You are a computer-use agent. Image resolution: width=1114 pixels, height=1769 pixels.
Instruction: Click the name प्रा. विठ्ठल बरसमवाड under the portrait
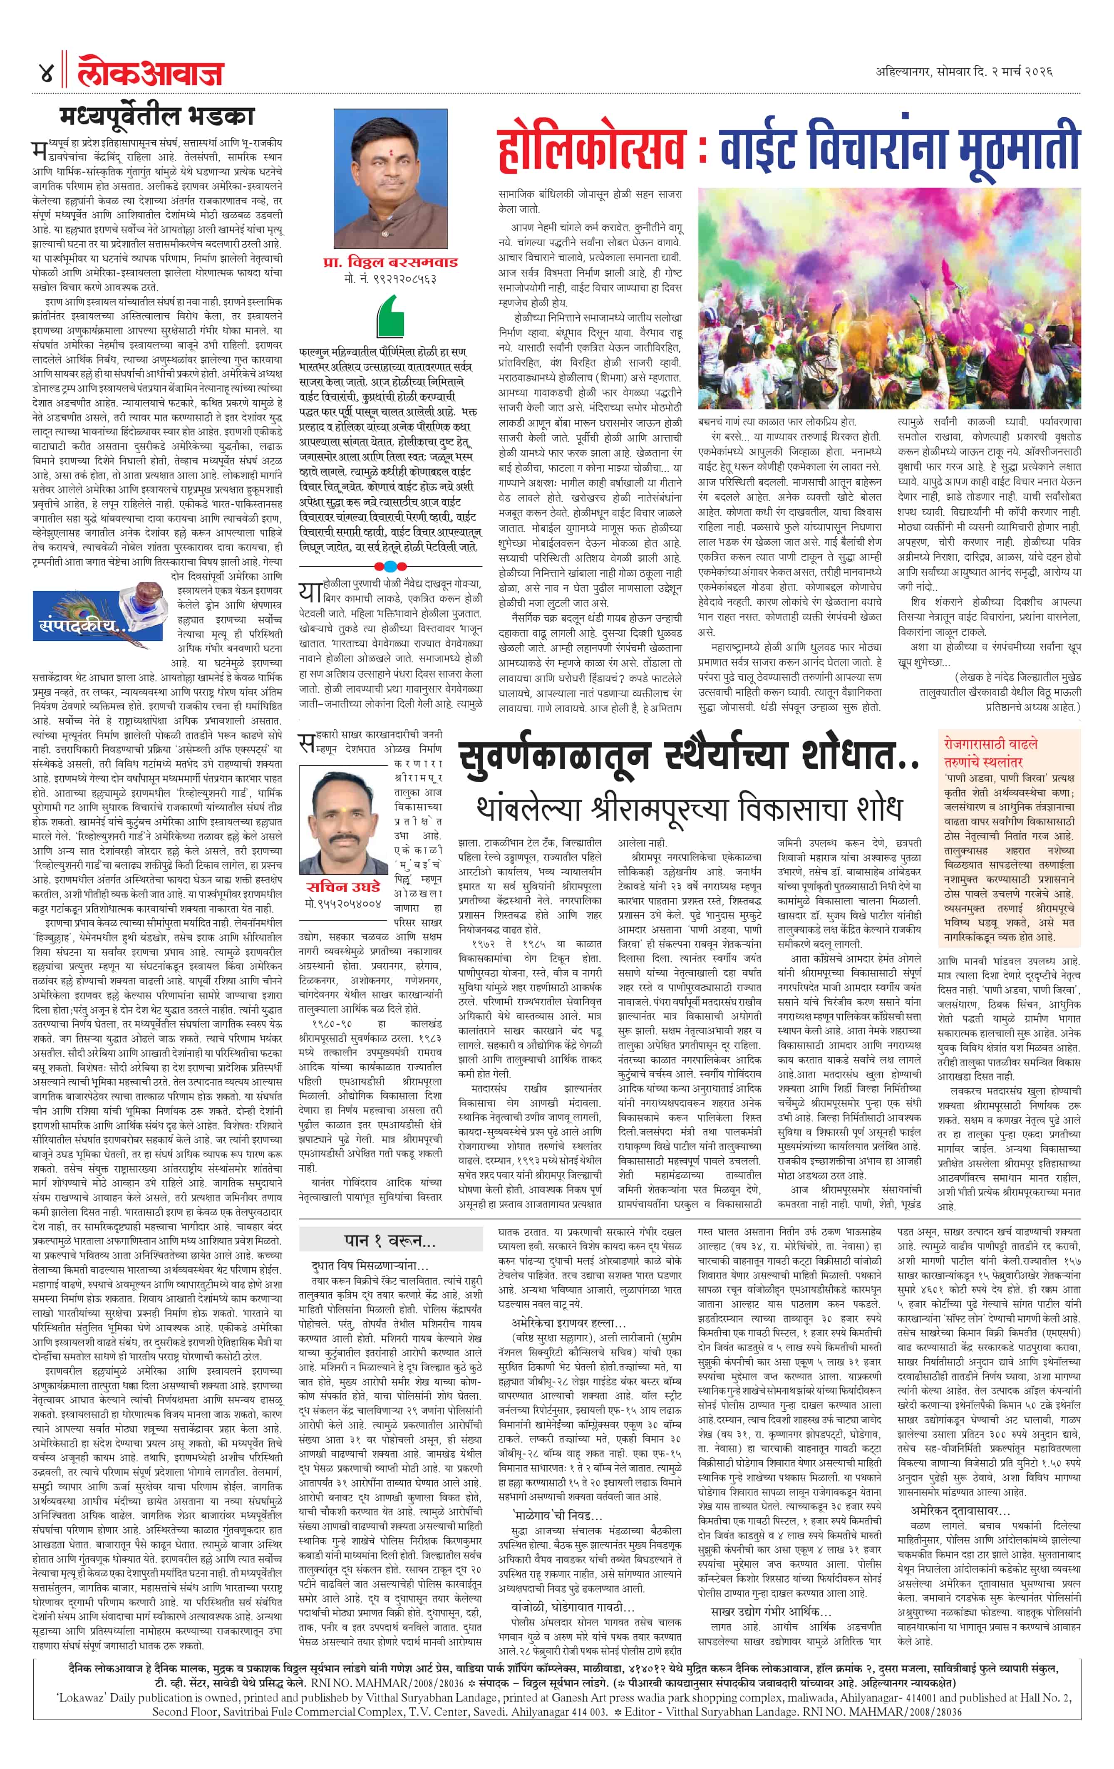click(390, 262)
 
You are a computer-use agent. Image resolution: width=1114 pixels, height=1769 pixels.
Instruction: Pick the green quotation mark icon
click(390, 315)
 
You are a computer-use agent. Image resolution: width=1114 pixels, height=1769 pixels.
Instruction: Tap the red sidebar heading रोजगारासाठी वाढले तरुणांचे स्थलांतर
click(991, 752)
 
